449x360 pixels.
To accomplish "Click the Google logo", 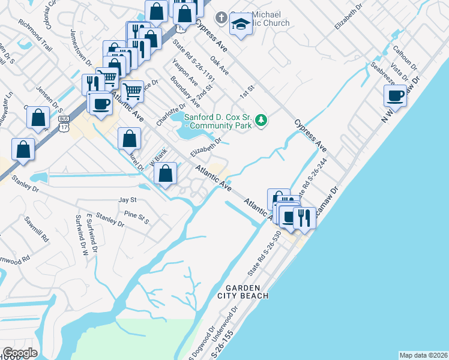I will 20,353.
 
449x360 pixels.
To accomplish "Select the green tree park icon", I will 261,121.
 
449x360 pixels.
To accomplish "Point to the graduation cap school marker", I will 240,25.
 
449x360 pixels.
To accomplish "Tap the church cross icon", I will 220,18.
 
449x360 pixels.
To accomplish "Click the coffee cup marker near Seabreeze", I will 396,95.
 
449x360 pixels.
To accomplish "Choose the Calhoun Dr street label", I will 404,56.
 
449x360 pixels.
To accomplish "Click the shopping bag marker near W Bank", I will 166,174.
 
